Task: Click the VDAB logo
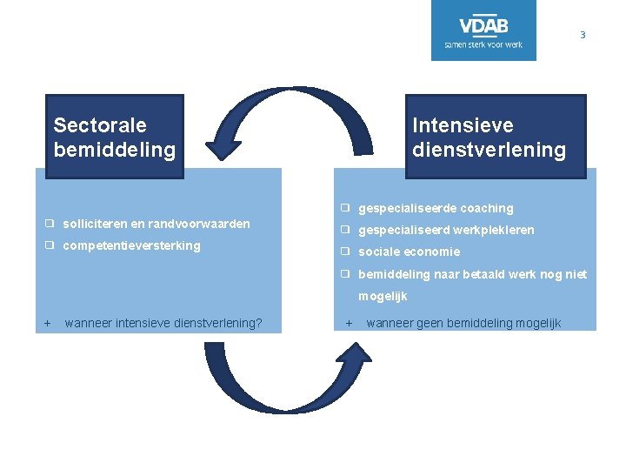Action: (x=483, y=30)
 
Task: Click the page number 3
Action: (x=583, y=36)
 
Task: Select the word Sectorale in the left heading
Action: (x=100, y=126)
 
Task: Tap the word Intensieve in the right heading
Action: (x=463, y=126)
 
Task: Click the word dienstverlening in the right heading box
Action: (x=489, y=150)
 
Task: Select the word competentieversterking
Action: (x=131, y=245)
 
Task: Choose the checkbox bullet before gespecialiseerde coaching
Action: (x=345, y=208)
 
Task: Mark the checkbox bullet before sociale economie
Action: (x=345, y=252)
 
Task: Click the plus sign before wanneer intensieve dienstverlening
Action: (x=48, y=324)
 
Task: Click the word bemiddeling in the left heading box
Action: (x=114, y=150)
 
